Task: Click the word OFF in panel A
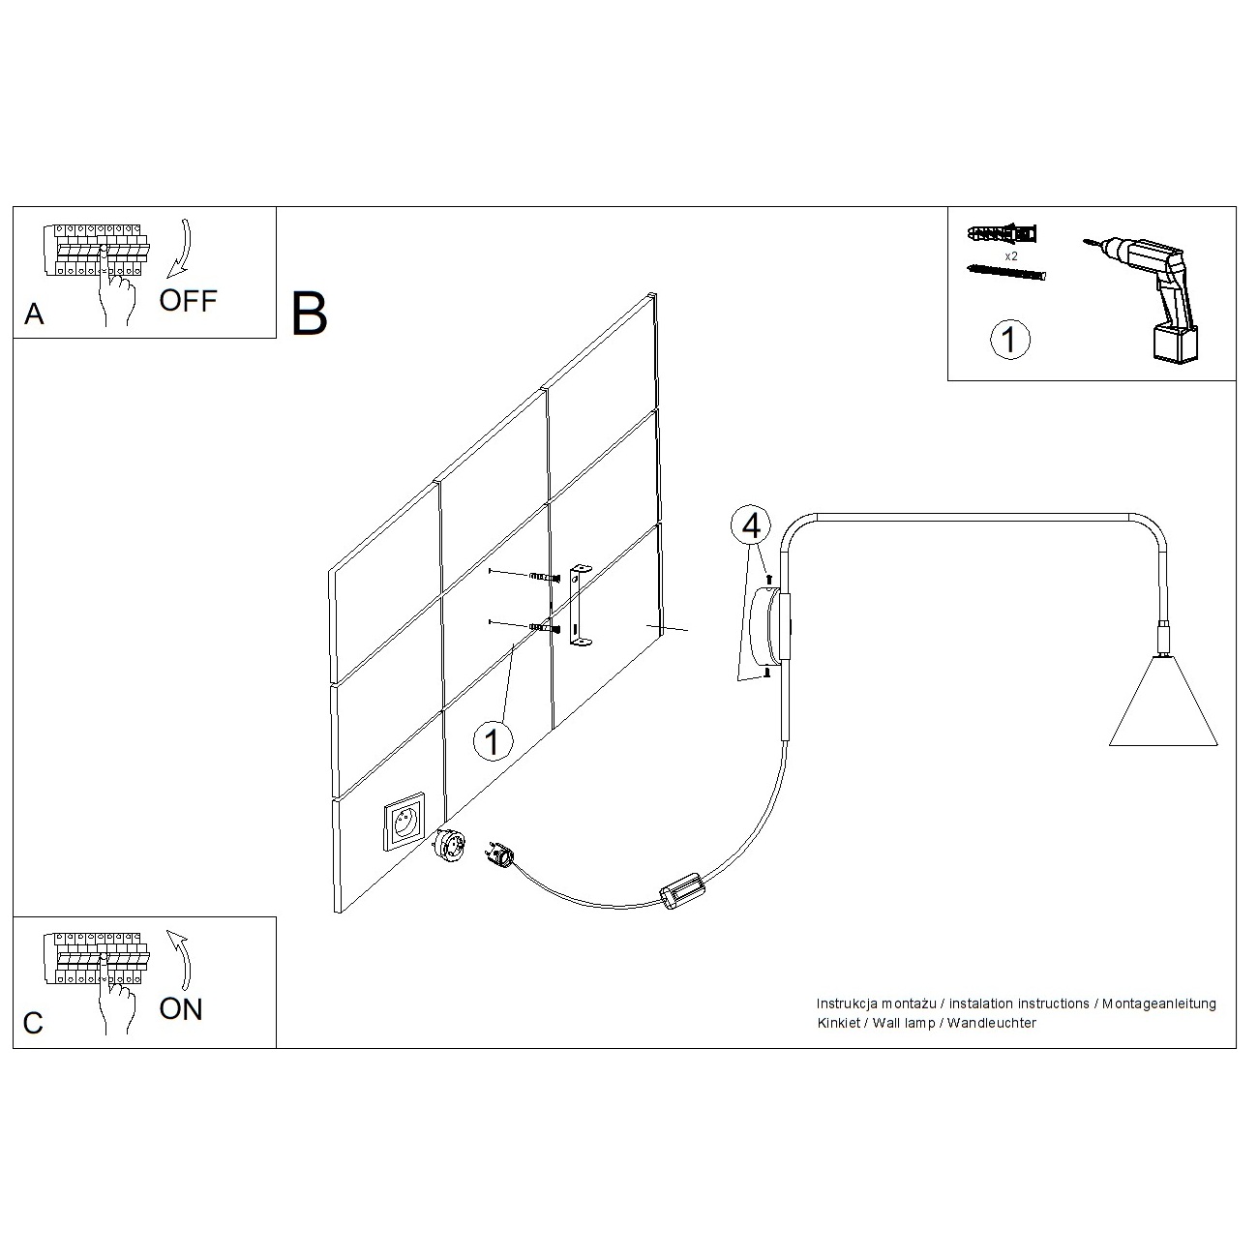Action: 188,300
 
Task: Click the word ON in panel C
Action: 181,1009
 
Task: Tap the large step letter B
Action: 309,314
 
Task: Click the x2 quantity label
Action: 1010,256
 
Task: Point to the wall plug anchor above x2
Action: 1003,233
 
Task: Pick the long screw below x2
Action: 1006,272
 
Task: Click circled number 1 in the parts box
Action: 1010,340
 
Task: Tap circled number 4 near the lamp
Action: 751,525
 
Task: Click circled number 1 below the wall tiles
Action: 493,741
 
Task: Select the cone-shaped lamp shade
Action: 1163,702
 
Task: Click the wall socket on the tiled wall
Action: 404,822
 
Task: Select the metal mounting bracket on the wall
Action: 579,607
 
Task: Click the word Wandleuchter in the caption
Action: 991,1023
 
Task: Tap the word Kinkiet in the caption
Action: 838,1023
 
